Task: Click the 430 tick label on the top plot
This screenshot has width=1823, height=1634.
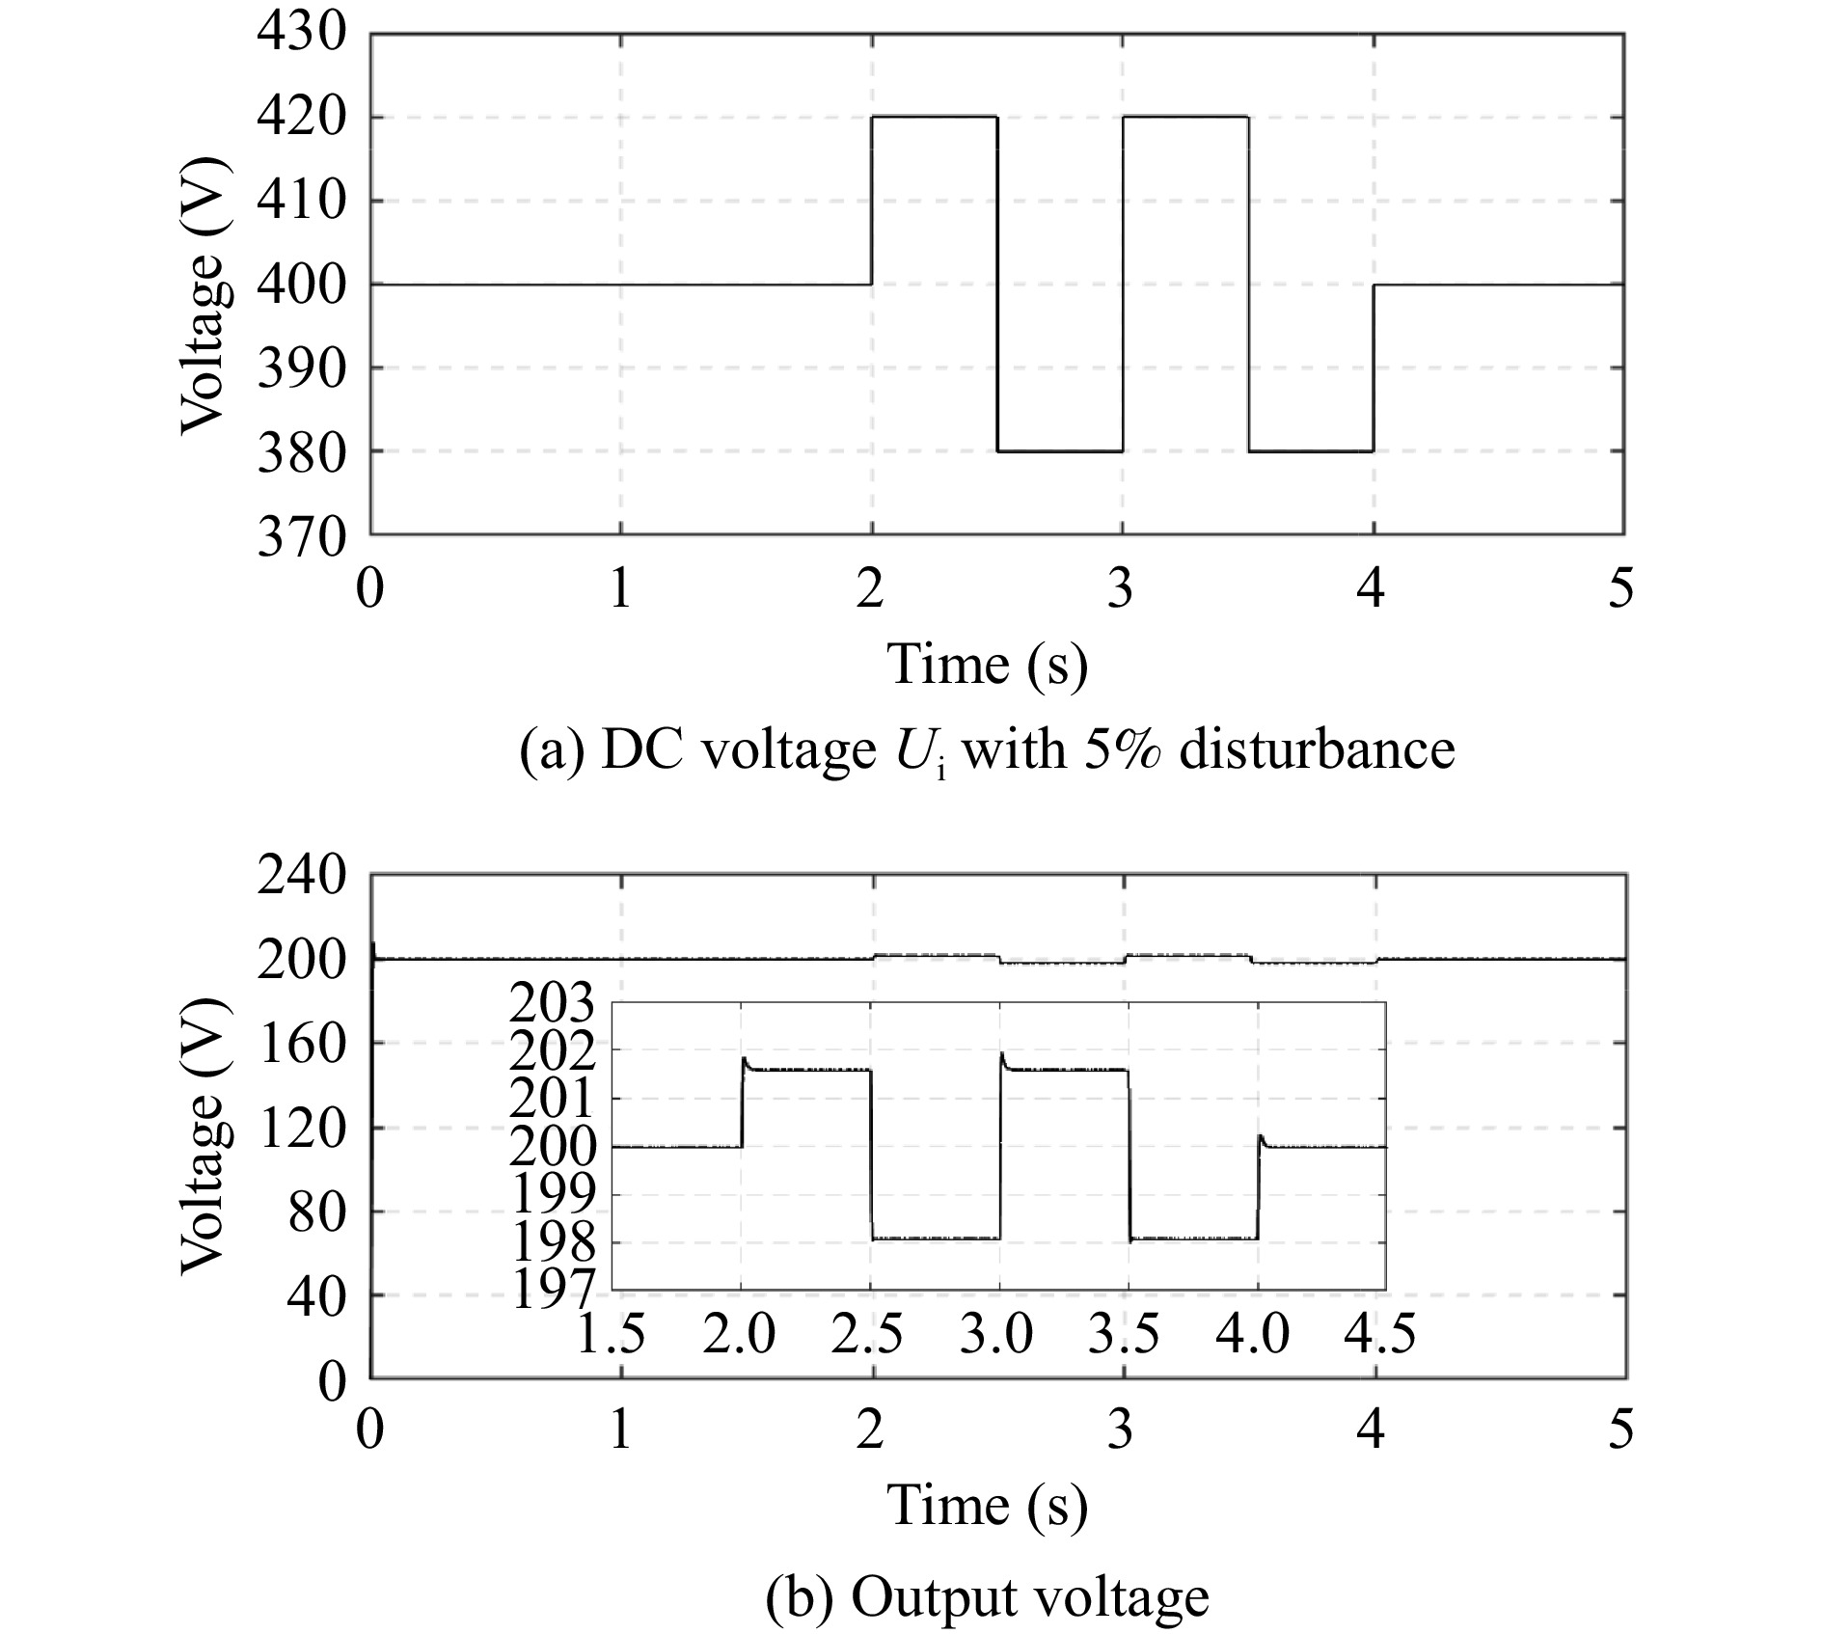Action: click(300, 35)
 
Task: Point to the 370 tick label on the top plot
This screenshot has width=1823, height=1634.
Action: click(300, 537)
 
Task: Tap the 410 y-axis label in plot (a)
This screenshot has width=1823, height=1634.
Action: click(300, 203)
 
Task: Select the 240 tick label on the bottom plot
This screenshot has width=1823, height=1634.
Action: click(300, 877)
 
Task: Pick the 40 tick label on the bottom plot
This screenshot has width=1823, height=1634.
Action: click(316, 1296)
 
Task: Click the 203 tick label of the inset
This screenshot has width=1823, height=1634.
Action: click(553, 1006)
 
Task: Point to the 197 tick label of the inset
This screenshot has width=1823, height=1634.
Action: click(553, 1291)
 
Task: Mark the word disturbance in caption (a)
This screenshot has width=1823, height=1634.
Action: click(1317, 749)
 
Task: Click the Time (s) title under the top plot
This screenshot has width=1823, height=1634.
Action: click(987, 665)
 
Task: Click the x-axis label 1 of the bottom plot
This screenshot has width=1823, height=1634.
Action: click(620, 1429)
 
